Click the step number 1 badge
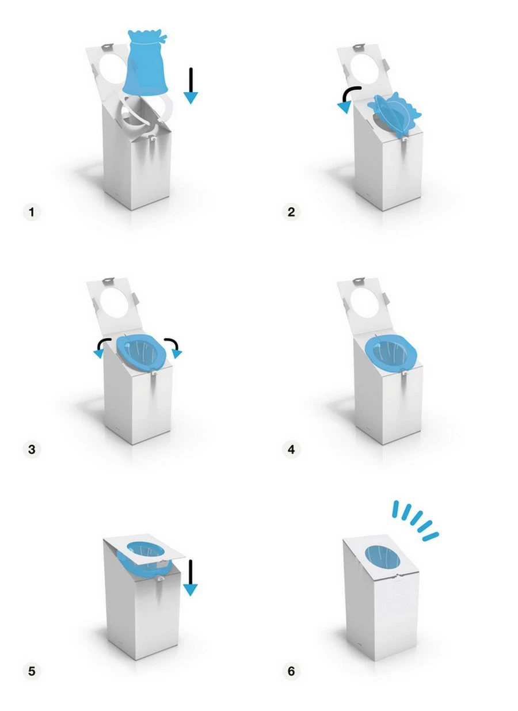[32, 212]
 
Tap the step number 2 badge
[291, 212]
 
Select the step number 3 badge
[32, 449]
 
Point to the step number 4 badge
[291, 449]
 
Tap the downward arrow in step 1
[191, 86]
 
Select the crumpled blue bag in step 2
[394, 114]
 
